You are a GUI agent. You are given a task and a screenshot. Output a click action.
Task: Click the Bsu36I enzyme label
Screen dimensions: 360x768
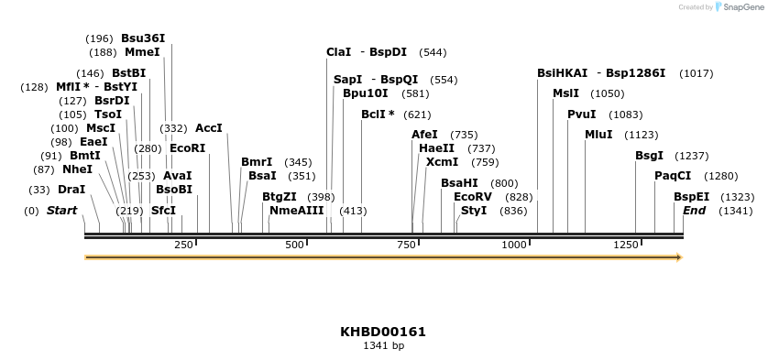pos(143,38)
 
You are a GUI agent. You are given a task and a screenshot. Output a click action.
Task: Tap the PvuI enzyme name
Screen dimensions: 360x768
pos(581,115)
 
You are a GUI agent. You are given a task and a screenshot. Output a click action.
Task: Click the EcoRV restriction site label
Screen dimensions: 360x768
pos(473,197)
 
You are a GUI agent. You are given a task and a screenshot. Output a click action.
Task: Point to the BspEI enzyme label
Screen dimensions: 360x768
pos(691,197)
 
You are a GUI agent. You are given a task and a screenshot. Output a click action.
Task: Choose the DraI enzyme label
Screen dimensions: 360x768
pos(71,190)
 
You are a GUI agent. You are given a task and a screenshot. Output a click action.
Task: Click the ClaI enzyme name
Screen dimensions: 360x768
pos(338,52)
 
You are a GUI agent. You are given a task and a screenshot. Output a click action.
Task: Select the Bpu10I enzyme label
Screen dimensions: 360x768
pos(365,93)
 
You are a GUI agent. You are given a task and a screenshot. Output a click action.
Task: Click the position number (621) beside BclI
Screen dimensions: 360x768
pos(417,115)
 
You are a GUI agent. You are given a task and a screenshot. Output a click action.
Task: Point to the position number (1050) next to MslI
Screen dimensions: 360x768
pos(608,93)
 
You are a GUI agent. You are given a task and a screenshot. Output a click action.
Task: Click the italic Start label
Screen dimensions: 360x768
pos(61,211)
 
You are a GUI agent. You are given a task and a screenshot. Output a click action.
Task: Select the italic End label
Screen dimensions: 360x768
pos(695,211)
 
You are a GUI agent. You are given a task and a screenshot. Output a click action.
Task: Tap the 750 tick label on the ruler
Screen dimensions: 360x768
pos(407,245)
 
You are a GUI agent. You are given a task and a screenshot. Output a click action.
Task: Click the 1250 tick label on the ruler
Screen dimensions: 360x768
pos(626,245)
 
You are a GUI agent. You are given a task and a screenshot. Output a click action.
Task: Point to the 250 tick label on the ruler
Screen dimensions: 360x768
pos(183,245)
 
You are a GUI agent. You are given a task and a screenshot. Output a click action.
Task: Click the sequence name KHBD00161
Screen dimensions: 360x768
pos(383,332)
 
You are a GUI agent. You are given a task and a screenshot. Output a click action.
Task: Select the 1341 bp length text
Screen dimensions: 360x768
pos(383,346)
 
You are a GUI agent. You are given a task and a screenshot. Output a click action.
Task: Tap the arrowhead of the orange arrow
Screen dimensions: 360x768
pos(679,257)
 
